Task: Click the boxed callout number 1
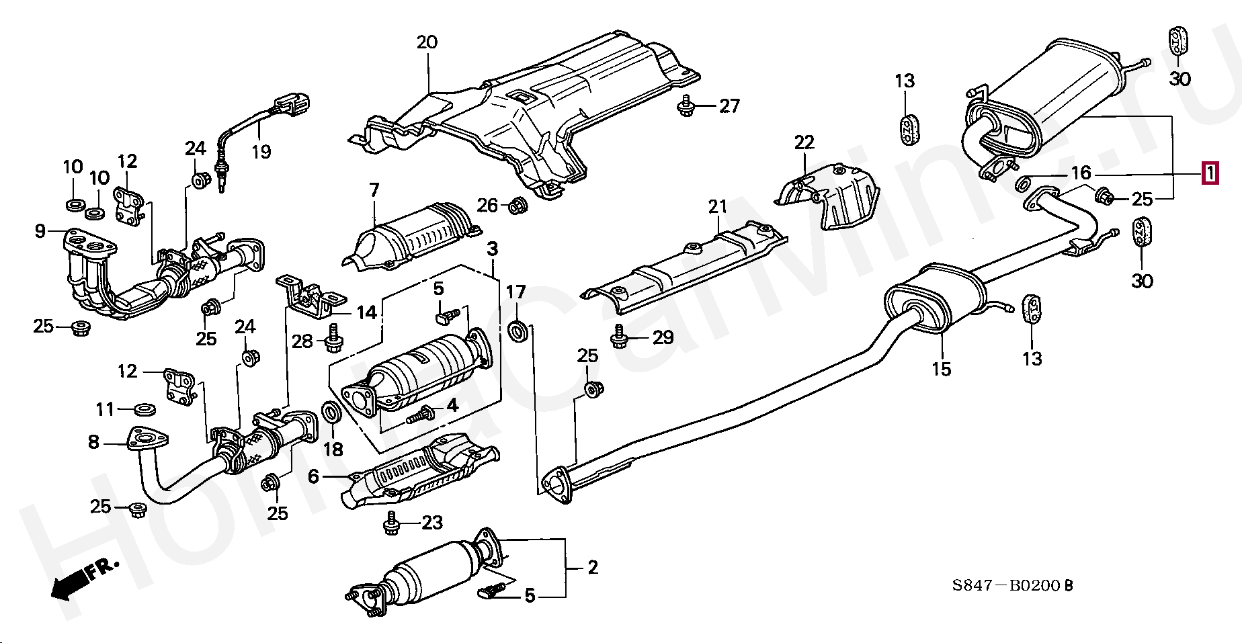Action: (x=1210, y=174)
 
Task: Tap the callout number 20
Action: (x=427, y=42)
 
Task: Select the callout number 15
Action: (x=942, y=369)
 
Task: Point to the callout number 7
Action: (x=374, y=190)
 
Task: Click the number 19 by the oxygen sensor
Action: (x=261, y=151)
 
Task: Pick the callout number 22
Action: (x=804, y=142)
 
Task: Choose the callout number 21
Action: (x=718, y=206)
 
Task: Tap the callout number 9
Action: (x=40, y=231)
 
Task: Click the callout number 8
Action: (x=93, y=441)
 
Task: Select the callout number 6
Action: (x=313, y=477)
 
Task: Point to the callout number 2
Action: (x=592, y=568)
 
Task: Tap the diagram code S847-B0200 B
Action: (x=1011, y=586)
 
